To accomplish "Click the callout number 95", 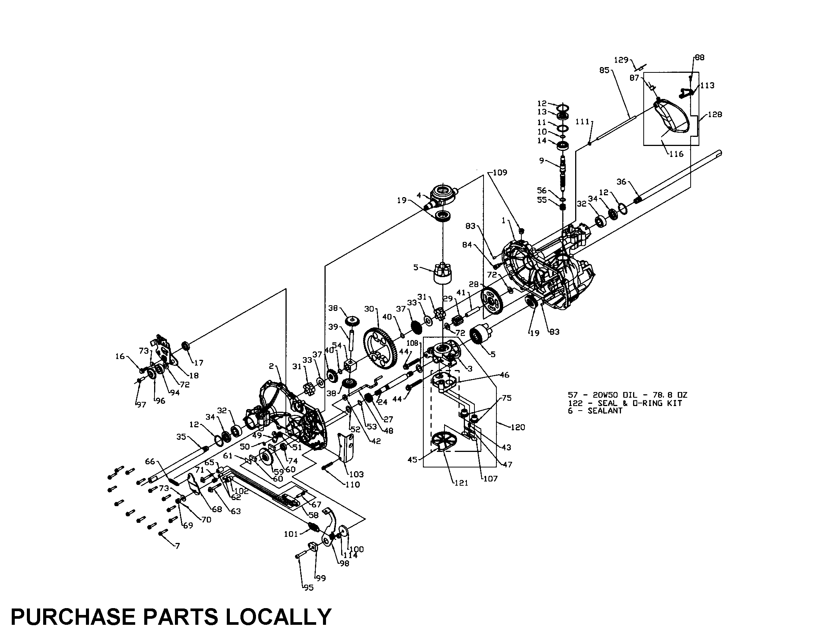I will [308, 588].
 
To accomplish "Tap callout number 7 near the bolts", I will [177, 546].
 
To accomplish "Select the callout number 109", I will [500, 173].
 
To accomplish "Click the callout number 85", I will [604, 71].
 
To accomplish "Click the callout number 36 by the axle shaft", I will [621, 182].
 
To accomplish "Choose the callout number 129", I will [621, 60].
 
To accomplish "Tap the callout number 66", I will [150, 462].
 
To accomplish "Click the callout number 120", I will [518, 427].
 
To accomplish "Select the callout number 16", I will [120, 356].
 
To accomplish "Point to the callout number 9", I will [541, 161].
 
